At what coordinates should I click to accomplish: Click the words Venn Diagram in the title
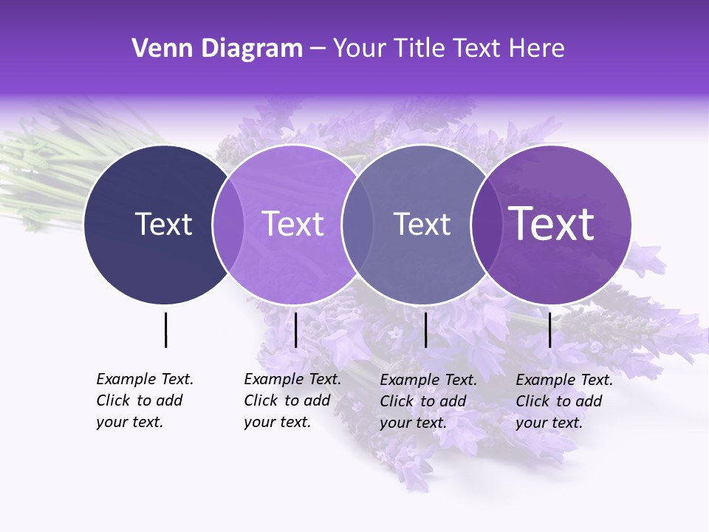(x=217, y=49)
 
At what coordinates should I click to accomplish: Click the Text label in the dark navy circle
(x=163, y=224)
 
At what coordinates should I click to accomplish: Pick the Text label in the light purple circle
(x=293, y=224)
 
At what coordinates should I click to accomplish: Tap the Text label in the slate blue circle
(x=422, y=224)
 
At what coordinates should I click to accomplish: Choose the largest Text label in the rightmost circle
(x=552, y=224)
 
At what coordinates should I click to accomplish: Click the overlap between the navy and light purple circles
(x=228, y=224)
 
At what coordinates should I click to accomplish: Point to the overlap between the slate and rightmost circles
(x=485, y=224)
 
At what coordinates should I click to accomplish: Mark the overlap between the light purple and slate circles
(x=357, y=224)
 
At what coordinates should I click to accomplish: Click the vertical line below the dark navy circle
(x=165, y=330)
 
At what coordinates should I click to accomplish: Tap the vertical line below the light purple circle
(x=295, y=330)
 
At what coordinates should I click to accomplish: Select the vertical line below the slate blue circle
(x=425, y=330)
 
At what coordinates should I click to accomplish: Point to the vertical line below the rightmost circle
(x=549, y=330)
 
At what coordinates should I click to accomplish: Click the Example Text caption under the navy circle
(x=144, y=400)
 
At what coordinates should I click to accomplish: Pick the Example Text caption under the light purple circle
(x=292, y=400)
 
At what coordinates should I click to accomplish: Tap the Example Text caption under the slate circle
(x=428, y=401)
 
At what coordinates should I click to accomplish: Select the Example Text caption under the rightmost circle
(x=564, y=401)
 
